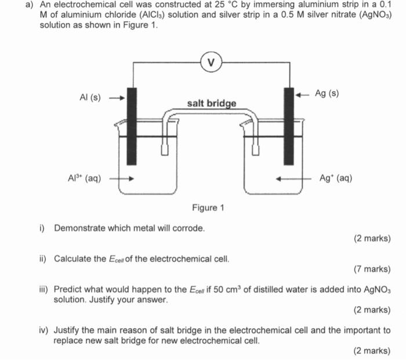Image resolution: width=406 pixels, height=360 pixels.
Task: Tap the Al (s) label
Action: (89, 97)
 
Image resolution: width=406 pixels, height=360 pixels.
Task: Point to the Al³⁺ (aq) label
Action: (84, 179)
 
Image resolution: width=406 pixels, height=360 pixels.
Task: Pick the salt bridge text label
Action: (212, 103)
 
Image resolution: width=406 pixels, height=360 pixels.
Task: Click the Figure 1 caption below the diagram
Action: (208, 208)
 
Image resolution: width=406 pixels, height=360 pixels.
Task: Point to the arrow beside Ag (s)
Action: (303, 93)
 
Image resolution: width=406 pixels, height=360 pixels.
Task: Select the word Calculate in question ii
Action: (73, 259)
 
